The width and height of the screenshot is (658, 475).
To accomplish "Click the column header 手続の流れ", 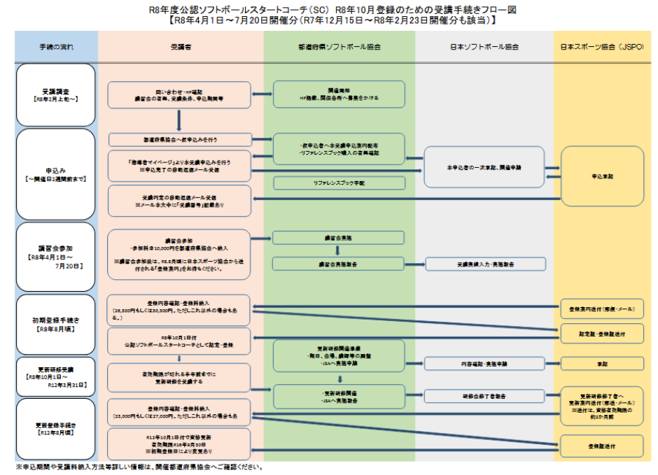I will [x=56, y=47].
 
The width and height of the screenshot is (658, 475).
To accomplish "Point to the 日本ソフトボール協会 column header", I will [x=484, y=47].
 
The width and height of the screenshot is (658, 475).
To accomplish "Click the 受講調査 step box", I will [x=56, y=95].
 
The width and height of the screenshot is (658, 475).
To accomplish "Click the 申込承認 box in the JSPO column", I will [x=602, y=176].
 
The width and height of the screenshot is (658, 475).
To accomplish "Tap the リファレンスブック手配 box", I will [x=339, y=183].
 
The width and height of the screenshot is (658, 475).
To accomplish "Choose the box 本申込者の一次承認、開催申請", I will [x=484, y=168].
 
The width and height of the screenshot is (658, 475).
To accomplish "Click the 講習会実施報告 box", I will [x=339, y=264].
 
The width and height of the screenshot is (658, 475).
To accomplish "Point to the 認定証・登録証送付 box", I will [x=602, y=334].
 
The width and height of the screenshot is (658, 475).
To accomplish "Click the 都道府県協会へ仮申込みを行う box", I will [x=180, y=139].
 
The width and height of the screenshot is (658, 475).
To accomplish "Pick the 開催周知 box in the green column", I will [x=339, y=94].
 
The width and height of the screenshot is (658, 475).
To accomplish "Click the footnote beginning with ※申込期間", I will [x=140, y=467].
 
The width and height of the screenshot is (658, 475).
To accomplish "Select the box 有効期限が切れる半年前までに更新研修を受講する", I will [x=180, y=378].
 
